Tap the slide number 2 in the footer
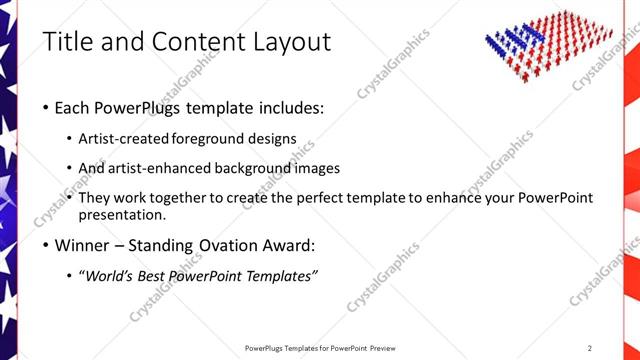pyautogui.click(x=589, y=347)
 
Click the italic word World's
pyautogui.click(x=115, y=276)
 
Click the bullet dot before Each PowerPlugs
pyautogui.click(x=46, y=108)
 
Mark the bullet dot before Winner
pyautogui.click(x=46, y=246)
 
